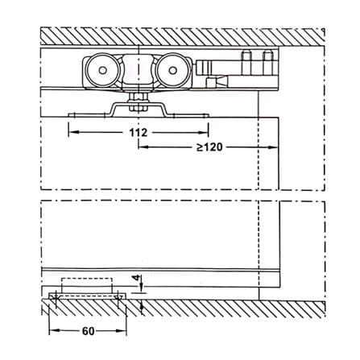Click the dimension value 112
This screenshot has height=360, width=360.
coord(139,132)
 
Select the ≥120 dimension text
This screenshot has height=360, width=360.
coord(209,147)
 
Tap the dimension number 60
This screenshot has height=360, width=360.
coord(88,331)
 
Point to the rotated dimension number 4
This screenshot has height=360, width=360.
coord(138,278)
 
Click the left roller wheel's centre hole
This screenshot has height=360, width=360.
coord(102,70)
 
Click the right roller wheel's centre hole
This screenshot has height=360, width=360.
coord(172,70)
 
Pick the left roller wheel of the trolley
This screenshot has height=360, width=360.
coord(102,70)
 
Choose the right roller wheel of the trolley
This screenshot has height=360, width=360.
coord(172,70)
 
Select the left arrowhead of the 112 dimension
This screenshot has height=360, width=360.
coord(73,132)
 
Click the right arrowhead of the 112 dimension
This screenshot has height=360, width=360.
coord(204,132)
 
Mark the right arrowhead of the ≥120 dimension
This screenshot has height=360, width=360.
coord(273,147)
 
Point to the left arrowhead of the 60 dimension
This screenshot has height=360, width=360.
coord(54,331)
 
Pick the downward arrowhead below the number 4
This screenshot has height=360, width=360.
coord(143,288)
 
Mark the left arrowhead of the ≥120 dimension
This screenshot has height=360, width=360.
coord(143,147)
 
